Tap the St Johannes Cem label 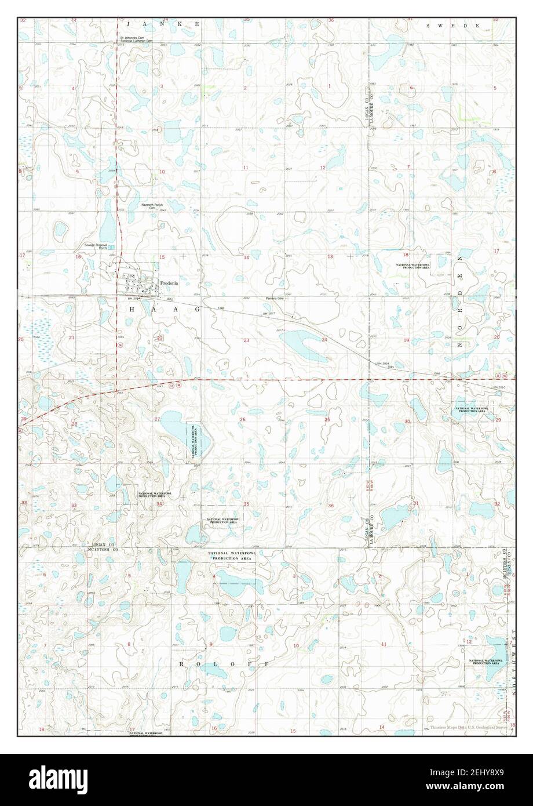[132, 38]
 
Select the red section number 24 [324, 339]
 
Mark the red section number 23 [246, 340]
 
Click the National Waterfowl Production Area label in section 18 [412, 266]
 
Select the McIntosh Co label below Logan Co [101, 549]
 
